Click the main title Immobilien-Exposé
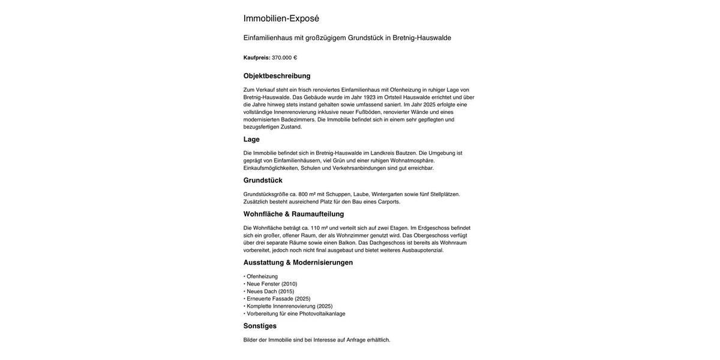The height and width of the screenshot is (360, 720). (281, 19)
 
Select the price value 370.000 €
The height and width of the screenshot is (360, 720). (284, 58)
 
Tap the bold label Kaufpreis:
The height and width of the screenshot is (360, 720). (257, 58)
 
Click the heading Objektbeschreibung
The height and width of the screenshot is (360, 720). (277, 76)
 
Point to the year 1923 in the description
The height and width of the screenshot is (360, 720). (369, 97)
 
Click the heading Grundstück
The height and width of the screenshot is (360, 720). (263, 181)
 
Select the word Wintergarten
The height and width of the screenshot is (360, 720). (387, 194)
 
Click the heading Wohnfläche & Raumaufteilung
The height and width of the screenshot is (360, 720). (293, 214)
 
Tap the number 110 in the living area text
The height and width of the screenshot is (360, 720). (315, 228)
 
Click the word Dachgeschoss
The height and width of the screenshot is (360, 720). (387, 243)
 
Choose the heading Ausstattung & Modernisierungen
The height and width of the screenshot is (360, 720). (298, 263)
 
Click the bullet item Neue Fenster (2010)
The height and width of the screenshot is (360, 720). (271, 284)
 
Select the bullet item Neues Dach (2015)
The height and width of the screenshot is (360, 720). (270, 292)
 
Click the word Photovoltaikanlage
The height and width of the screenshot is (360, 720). (322, 314)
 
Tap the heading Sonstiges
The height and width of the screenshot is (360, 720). (260, 326)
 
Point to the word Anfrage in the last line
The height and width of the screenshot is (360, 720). (356, 340)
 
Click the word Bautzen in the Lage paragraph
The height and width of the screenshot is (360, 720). (406, 153)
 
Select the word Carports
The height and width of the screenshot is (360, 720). (389, 202)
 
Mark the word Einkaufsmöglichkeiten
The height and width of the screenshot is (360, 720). (271, 168)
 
